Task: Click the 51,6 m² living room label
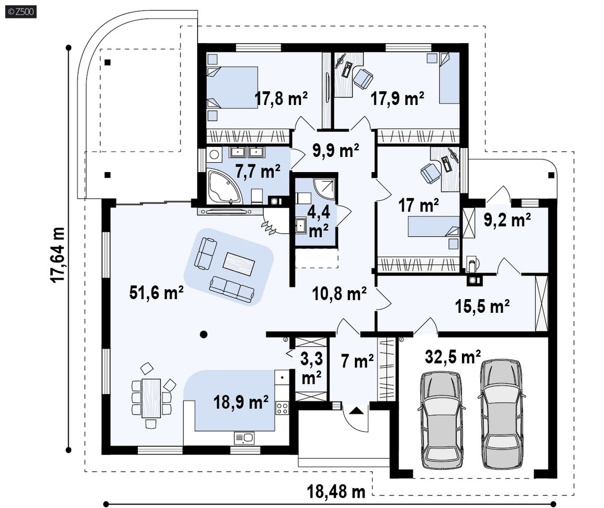(x=156, y=293)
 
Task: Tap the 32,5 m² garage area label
(x=452, y=356)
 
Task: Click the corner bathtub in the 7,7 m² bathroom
(x=224, y=187)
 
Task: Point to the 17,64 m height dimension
(x=58, y=255)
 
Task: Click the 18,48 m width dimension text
(x=336, y=492)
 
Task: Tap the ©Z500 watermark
(x=21, y=12)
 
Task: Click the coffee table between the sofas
(x=239, y=263)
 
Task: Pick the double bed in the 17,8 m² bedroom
(x=232, y=88)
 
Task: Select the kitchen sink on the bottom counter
(x=244, y=438)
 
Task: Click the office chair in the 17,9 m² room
(x=363, y=78)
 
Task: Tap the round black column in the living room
(x=203, y=334)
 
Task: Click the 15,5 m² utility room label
(x=483, y=306)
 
